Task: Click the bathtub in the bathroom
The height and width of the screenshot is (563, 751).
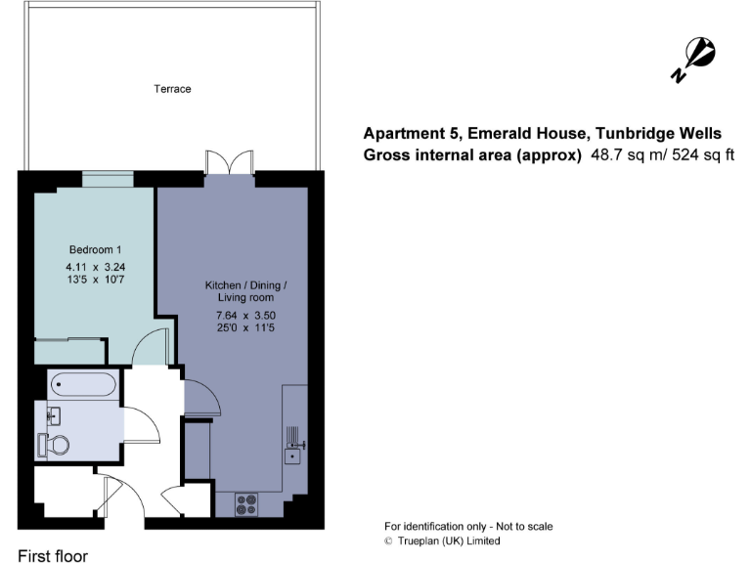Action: tap(83, 384)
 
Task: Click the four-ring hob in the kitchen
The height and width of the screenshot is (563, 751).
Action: tap(246, 504)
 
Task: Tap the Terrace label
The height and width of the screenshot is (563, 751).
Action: tap(172, 89)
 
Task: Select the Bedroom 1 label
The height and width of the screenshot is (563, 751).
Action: tap(94, 249)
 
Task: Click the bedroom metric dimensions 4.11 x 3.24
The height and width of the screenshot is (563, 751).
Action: tap(95, 266)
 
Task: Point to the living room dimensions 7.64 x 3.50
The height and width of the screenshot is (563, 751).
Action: tap(245, 315)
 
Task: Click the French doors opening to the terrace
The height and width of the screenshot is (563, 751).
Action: tap(228, 164)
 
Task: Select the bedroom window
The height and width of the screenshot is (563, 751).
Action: tap(107, 177)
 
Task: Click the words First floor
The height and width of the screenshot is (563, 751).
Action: tap(53, 555)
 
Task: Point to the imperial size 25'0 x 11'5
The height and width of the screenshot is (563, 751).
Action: tap(245, 328)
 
